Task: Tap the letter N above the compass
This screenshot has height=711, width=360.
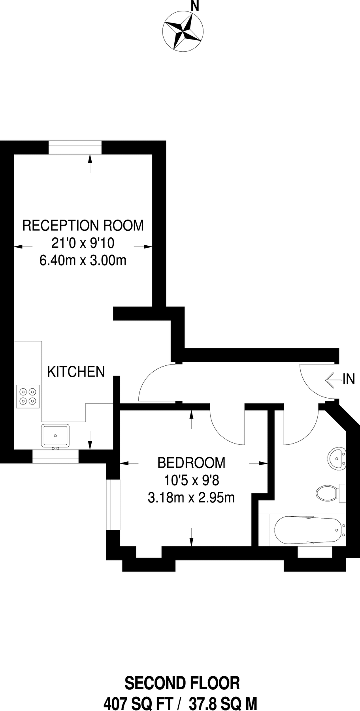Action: coord(194,6)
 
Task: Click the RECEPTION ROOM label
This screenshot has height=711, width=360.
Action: coord(83,226)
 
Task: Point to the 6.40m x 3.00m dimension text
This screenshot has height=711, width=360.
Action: coord(83,261)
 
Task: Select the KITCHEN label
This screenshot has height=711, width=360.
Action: coord(76,372)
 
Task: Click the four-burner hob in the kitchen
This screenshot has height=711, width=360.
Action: coord(28,397)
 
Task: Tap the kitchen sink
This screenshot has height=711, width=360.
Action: coord(55,435)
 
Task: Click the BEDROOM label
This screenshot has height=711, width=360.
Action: coord(191,462)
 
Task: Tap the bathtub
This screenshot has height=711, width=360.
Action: coord(306,530)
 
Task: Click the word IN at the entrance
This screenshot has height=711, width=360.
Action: coord(349,380)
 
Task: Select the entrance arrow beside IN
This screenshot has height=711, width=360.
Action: coord(333,380)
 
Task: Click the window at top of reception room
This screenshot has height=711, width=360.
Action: coord(75,147)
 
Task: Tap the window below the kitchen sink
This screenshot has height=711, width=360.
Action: coord(55,457)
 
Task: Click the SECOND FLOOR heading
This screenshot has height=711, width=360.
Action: coord(182,683)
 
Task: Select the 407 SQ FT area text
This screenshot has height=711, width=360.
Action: coord(138,703)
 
